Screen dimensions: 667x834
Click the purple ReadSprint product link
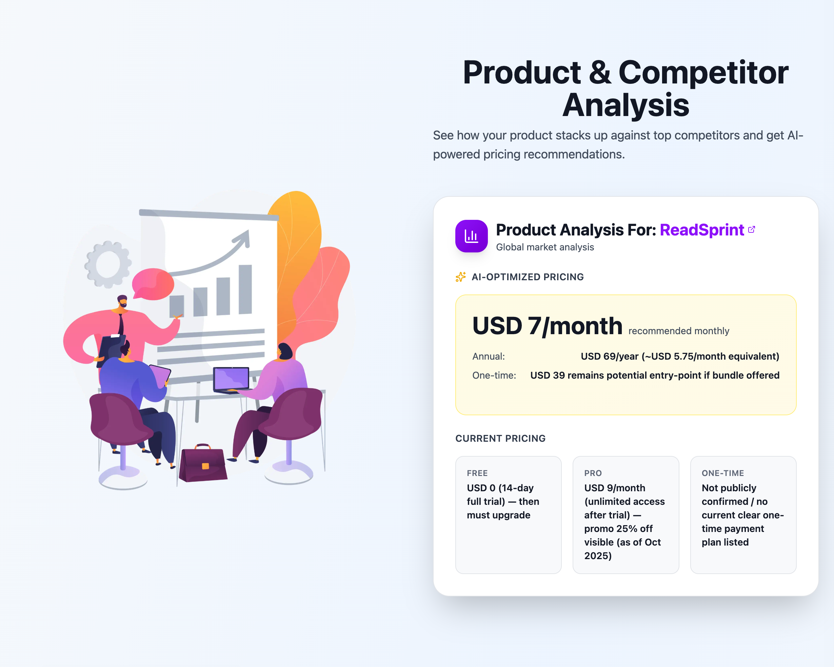pos(701,230)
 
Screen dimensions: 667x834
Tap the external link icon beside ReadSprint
pos(752,230)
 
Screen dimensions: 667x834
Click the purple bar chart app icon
pos(471,236)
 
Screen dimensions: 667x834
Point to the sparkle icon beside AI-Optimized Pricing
pos(460,277)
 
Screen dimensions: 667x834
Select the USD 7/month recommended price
pos(547,326)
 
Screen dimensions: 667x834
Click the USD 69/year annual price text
pos(680,356)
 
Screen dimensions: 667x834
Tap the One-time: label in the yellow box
pos(494,375)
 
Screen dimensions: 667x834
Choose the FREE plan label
pos(477,473)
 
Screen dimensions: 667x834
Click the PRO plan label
pos(593,473)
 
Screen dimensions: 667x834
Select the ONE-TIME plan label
pos(722,473)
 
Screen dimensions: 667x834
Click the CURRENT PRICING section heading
pos(500,438)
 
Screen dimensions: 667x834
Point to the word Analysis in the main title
pos(625,105)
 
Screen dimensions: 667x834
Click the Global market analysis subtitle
pos(545,247)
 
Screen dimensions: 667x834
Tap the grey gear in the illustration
pos(107,264)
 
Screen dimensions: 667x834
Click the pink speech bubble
pos(153,284)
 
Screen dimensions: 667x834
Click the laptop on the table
pos(231,379)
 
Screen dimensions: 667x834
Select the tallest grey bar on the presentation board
pos(245,289)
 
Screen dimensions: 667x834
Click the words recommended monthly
pos(678,331)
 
